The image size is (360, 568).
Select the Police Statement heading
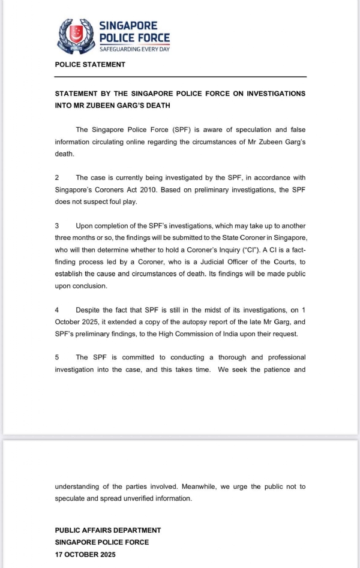90,65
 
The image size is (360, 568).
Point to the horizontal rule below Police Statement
180,77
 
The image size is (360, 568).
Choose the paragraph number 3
57,226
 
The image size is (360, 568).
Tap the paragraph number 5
57,357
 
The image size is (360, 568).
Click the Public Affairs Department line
108,530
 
